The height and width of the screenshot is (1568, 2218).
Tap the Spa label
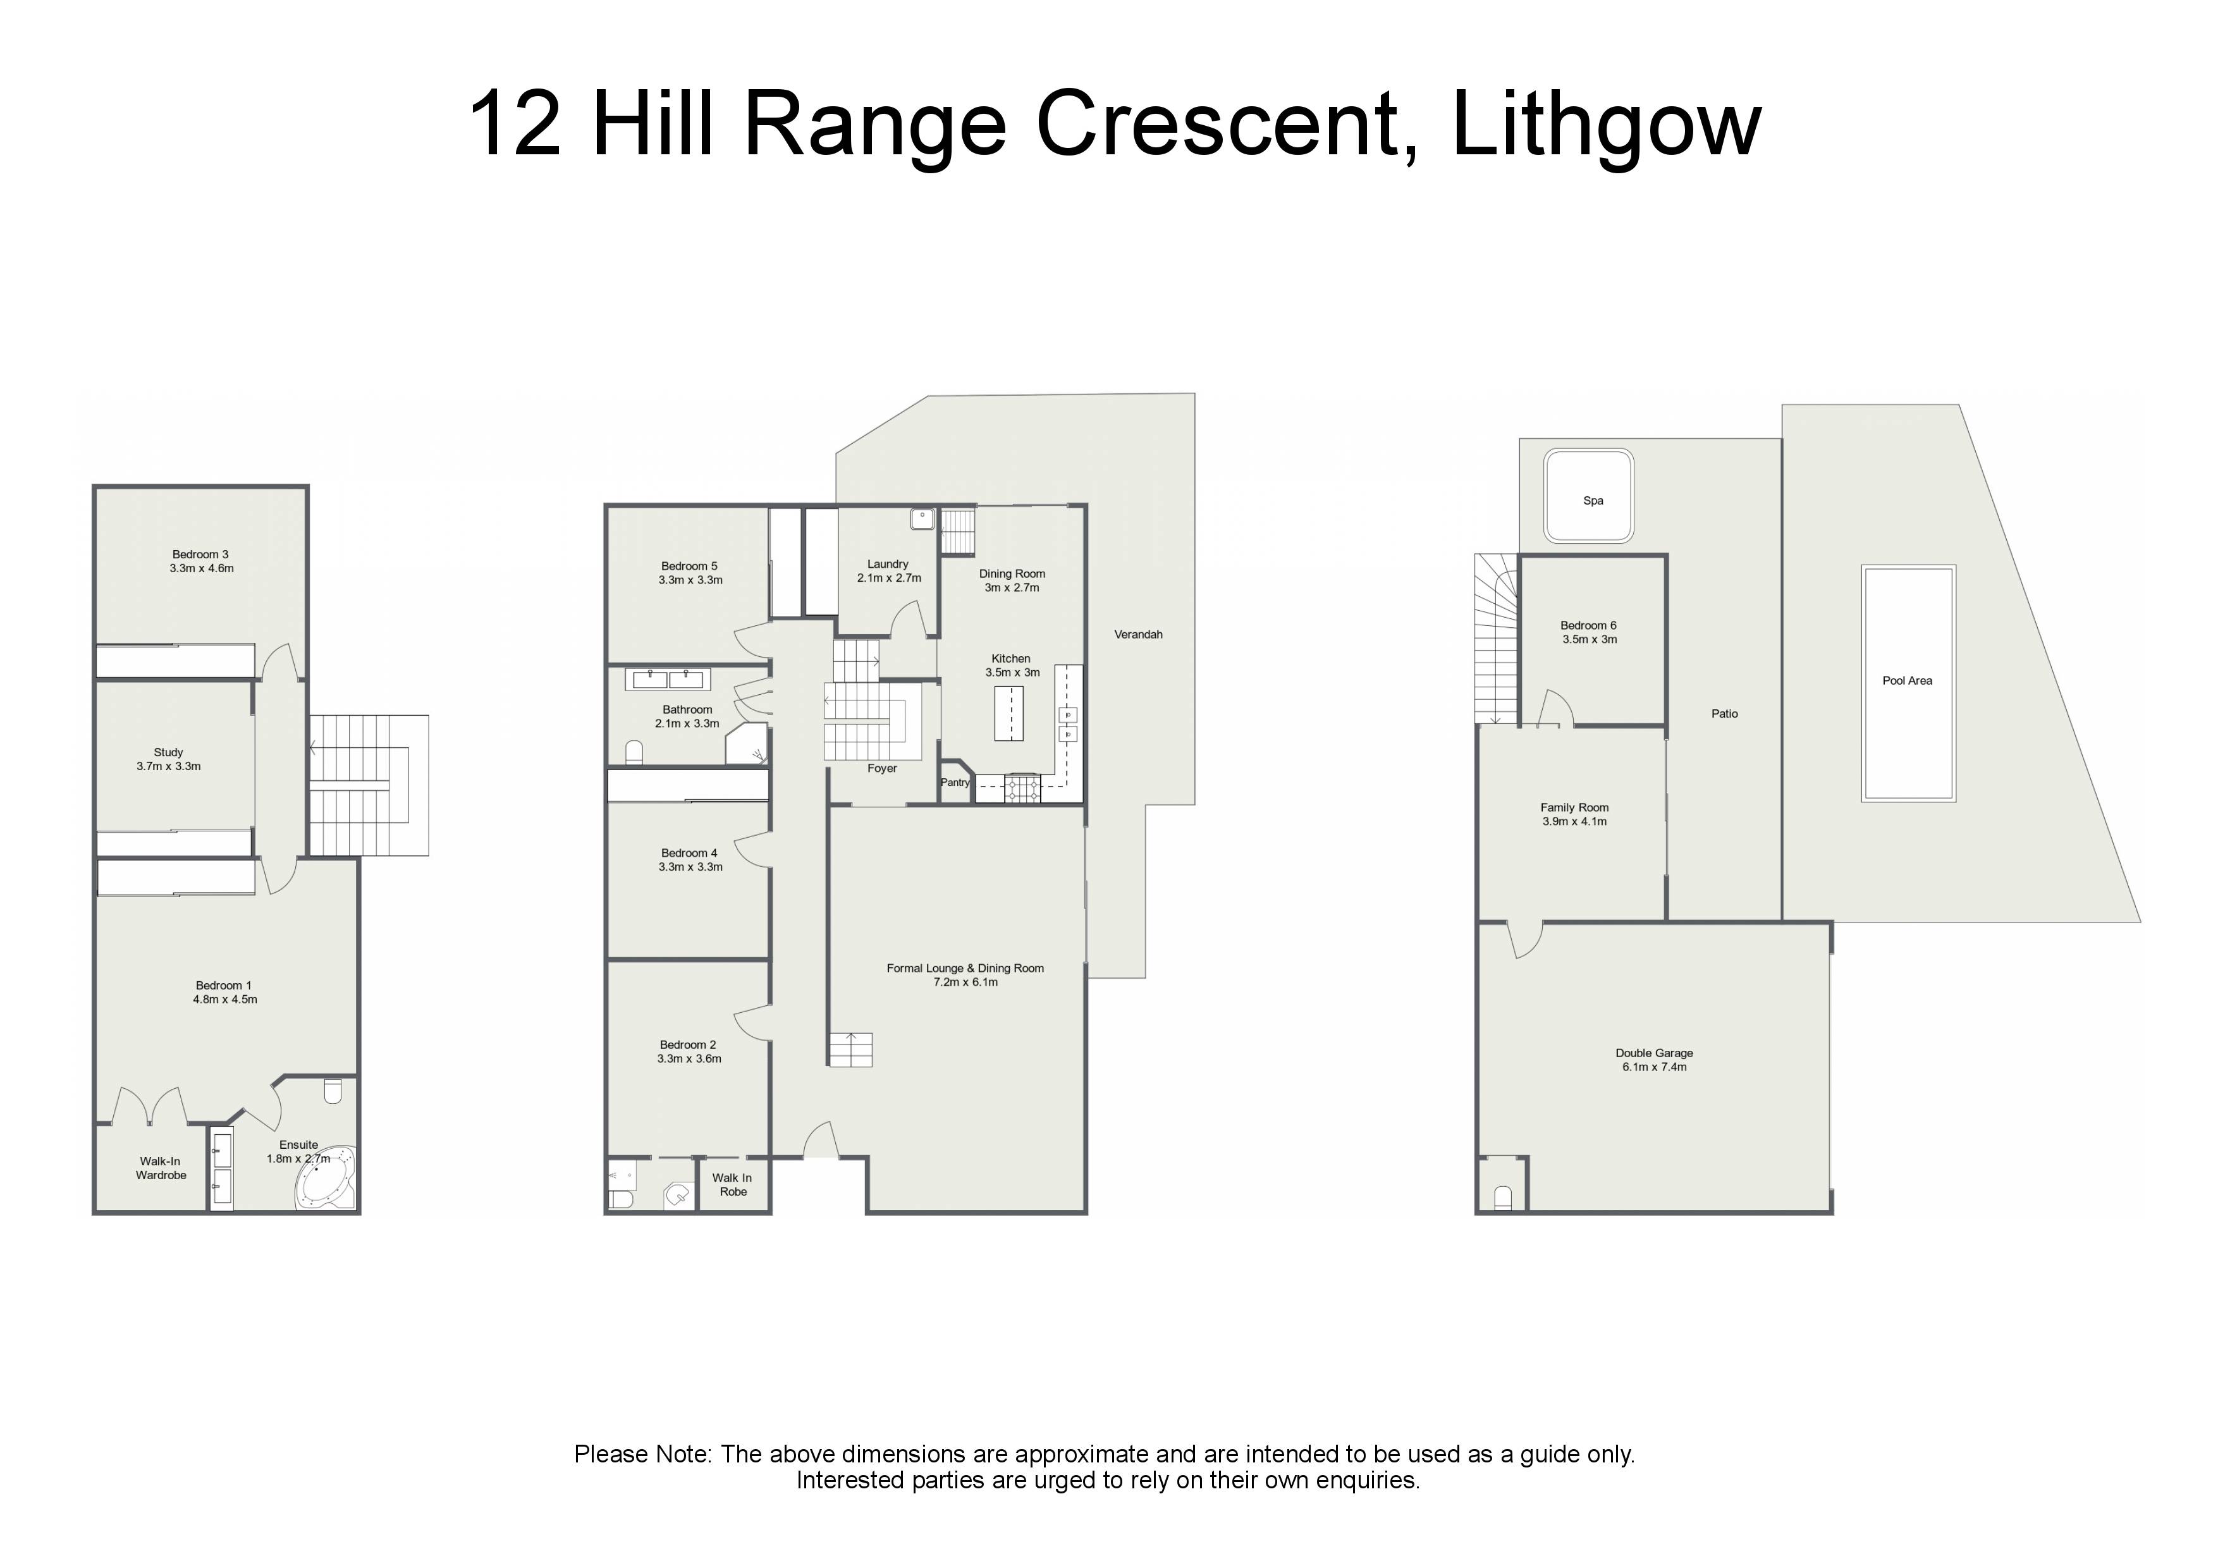[1593, 501]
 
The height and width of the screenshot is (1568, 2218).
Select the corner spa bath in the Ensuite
[326, 1178]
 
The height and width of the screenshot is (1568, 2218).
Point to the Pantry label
[955, 783]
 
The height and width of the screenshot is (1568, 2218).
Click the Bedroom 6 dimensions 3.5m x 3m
[1589, 640]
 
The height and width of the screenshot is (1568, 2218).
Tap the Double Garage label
[1654, 1053]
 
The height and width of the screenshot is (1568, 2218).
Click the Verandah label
[1138, 635]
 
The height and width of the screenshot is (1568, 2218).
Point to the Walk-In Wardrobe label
[161, 1168]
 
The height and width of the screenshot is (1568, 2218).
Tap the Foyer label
[882, 769]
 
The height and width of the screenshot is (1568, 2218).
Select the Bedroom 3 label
[201, 554]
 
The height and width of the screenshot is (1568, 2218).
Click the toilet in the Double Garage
[1502, 1198]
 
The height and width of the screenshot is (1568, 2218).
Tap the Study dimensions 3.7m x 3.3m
[169, 766]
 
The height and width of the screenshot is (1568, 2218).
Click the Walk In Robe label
[732, 1184]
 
